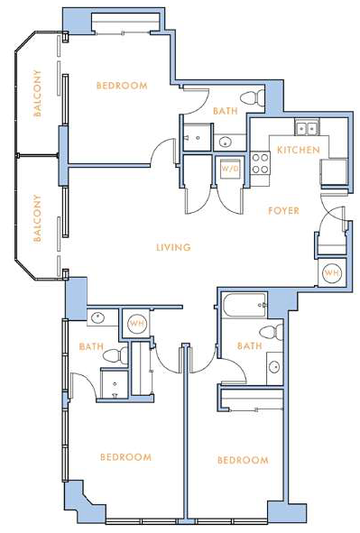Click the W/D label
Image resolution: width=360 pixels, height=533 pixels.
coord(229,169)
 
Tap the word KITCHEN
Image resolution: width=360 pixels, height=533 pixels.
coord(298,150)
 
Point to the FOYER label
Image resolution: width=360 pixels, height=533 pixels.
coord(283,211)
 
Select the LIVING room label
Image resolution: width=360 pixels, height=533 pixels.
coord(173,247)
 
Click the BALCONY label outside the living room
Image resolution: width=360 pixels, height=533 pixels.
coord(37,218)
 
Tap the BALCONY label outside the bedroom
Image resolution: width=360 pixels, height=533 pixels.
coord(37,93)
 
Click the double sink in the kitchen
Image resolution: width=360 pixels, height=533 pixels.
coord(307,128)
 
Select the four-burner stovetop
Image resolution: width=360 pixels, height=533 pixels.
coord(261,163)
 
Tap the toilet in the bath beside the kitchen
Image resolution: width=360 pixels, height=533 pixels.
coord(253,98)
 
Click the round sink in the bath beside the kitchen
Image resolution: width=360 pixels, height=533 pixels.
coord(225,142)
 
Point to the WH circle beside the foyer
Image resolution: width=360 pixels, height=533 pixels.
coord(331,272)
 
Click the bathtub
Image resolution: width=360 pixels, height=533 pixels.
coord(245,306)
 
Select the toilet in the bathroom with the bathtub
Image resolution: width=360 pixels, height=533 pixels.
coord(272,332)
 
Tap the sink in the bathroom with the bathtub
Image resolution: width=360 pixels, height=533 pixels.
coord(274,367)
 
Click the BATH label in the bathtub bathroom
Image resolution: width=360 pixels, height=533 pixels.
coord(250,346)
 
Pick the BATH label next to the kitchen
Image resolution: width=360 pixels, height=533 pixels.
coord(225,111)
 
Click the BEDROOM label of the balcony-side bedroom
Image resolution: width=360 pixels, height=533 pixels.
coord(122,86)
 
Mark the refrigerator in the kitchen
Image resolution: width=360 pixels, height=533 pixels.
coord(334,172)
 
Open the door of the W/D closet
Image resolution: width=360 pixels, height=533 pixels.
coord(229,201)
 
